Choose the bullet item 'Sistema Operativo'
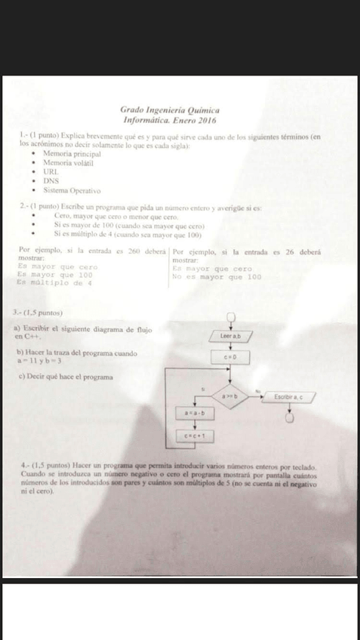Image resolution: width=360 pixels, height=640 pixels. (x=72, y=191)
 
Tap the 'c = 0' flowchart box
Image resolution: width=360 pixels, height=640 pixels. (x=230, y=355)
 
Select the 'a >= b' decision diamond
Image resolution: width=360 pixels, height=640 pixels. (x=229, y=395)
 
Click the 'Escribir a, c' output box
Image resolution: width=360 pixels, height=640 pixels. (x=289, y=395)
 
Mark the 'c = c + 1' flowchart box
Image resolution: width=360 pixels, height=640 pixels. (x=198, y=435)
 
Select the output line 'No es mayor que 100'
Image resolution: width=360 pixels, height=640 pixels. (x=217, y=276)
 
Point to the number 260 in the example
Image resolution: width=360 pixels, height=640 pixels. (x=135, y=251)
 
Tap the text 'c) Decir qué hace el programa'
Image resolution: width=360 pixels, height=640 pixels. (x=63, y=377)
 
